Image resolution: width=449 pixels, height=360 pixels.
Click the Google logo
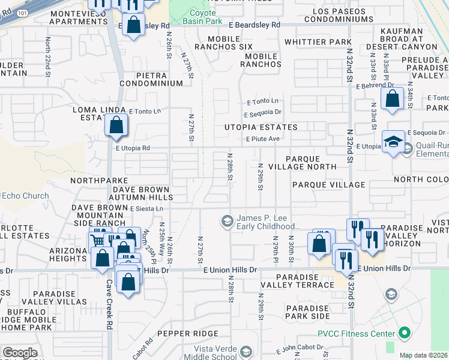tap(20, 353)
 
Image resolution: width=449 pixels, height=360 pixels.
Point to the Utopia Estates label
tap(261, 127)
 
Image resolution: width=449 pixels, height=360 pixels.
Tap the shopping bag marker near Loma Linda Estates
tap(116, 125)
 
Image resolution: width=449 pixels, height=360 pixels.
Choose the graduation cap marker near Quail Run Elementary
tap(393, 142)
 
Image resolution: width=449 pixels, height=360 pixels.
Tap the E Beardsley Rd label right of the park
tap(255, 25)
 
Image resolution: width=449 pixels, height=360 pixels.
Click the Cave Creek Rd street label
tap(110, 313)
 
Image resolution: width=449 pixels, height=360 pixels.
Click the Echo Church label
tap(25, 196)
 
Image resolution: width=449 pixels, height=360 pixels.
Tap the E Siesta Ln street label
tap(146, 208)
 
